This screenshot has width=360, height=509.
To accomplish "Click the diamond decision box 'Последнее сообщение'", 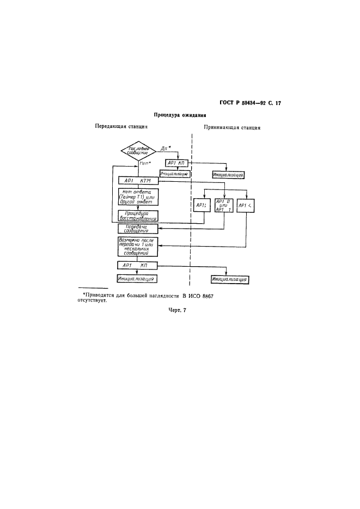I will pos(138,151).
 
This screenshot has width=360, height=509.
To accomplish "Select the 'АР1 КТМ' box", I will pos(137,181).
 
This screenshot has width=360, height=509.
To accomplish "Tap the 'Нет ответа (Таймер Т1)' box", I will pos(138,197).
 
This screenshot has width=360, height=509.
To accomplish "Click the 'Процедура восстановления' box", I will pos(138,216).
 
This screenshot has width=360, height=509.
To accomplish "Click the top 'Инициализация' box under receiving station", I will pos(228,175).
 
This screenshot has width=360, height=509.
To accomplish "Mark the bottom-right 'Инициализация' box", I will pos(230,279).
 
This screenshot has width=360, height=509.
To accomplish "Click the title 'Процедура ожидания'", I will pos(180,115).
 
